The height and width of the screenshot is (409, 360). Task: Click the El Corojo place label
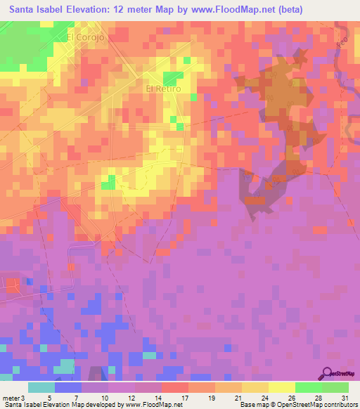point(86,37)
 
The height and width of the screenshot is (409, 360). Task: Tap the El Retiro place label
point(162,89)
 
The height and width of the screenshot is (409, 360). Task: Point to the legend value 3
point(25,398)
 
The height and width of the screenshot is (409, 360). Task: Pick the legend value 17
point(186,398)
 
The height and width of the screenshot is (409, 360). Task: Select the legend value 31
point(345,398)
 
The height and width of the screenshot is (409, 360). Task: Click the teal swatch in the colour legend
point(41,387)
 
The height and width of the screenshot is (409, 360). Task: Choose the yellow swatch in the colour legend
point(282,387)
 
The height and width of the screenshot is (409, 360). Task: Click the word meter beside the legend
point(11,398)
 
